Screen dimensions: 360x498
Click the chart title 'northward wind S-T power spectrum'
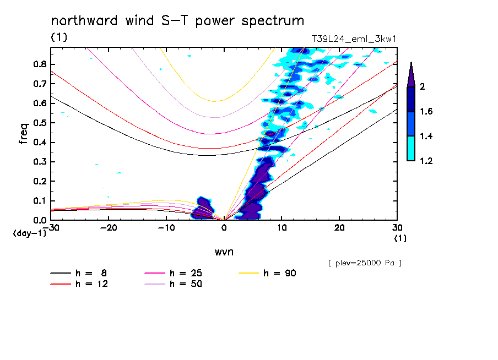(177, 21)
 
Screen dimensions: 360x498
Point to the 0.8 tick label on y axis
(39, 64)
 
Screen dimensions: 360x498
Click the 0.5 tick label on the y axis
(39, 123)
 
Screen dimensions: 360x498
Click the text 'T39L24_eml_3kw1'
(354, 39)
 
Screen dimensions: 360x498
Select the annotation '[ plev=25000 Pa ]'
(364, 263)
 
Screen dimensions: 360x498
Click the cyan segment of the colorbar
(411, 149)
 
